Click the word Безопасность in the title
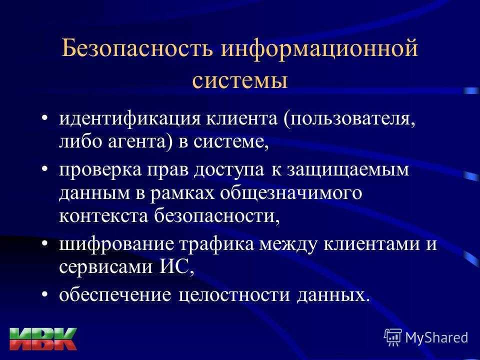coord(137,48)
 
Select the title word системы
coord(240,80)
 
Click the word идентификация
coord(130,119)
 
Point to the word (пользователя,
coord(349,119)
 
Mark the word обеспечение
coord(115,295)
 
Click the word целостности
coord(234,295)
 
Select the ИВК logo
coord(43,339)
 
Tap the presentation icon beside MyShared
coord(393,336)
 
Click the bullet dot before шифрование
coord(44,244)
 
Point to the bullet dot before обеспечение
coord(44,295)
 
